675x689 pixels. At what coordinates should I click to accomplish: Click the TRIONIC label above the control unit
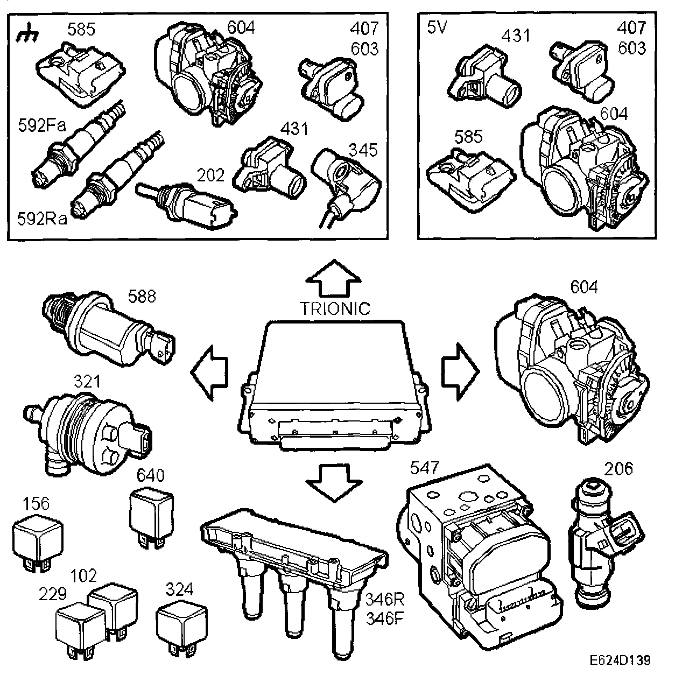pyautogui.click(x=335, y=308)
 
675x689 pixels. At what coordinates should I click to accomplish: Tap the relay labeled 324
pyautogui.click(x=180, y=624)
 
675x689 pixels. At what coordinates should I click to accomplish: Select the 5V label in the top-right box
pyautogui.click(x=437, y=27)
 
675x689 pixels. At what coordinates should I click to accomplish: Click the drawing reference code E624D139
pyautogui.click(x=618, y=660)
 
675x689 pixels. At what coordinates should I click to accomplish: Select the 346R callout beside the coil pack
pyautogui.click(x=384, y=599)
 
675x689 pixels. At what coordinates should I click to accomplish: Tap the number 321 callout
pyautogui.click(x=87, y=382)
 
